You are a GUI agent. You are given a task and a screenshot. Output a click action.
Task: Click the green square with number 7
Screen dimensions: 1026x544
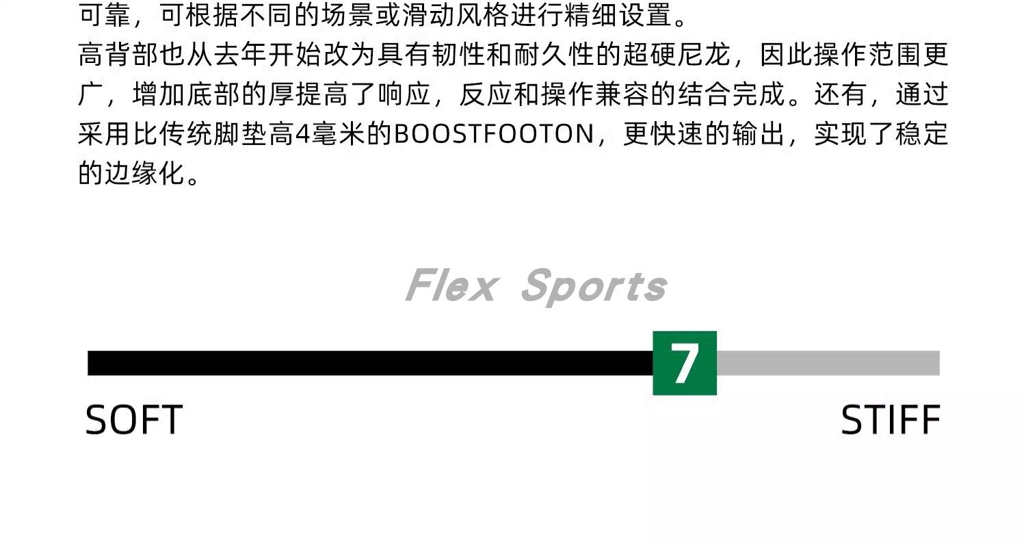click(x=684, y=363)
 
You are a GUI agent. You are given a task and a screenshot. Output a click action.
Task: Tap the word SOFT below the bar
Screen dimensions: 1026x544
click(x=134, y=420)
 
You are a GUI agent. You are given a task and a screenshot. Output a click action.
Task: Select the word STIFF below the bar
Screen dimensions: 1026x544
click(x=890, y=420)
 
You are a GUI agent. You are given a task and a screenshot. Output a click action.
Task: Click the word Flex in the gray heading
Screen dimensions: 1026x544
click(x=449, y=286)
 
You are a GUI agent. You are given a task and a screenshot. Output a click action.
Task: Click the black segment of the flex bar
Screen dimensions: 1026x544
click(x=369, y=363)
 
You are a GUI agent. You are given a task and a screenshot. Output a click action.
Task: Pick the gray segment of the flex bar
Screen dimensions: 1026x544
click(x=828, y=363)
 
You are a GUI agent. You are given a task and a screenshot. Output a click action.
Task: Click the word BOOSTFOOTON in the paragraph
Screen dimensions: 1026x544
click(x=493, y=134)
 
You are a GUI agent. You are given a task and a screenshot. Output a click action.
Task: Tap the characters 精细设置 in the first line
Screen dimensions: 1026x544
click(x=619, y=16)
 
